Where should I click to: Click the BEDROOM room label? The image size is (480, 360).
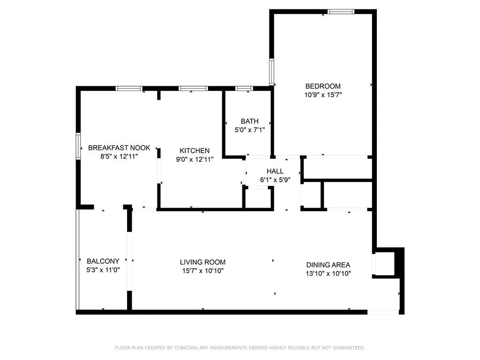(x=322, y=86)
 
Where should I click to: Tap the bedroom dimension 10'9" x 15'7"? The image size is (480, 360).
(x=322, y=95)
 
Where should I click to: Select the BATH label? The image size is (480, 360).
(x=249, y=121)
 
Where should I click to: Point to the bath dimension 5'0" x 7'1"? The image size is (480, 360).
(x=249, y=130)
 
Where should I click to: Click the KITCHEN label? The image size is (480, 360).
(x=195, y=150)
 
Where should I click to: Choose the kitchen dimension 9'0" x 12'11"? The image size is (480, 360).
(x=195, y=159)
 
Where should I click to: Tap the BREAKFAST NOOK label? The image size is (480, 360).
(x=119, y=148)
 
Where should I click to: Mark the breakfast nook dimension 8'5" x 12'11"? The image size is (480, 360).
(x=119, y=157)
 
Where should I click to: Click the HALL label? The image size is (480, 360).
(x=275, y=171)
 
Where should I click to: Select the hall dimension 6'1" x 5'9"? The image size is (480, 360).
(x=275, y=180)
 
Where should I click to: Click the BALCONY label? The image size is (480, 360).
(x=103, y=261)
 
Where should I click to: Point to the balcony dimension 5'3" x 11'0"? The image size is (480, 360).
(x=103, y=270)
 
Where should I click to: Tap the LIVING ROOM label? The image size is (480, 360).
(x=202, y=262)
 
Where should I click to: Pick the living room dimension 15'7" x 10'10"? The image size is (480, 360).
(x=202, y=271)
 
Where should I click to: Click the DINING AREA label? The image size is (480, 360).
(x=328, y=265)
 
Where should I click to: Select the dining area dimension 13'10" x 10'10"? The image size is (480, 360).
(x=328, y=273)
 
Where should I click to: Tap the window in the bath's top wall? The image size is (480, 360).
(x=244, y=88)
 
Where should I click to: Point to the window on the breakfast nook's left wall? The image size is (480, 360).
(x=79, y=147)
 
